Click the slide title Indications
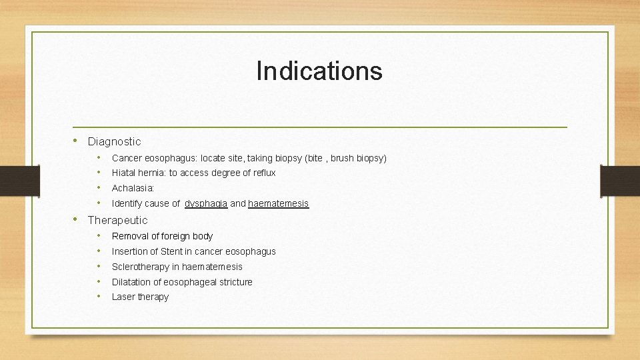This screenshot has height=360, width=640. point(319,71)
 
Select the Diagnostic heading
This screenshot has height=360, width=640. point(114,141)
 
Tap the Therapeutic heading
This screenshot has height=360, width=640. point(117,220)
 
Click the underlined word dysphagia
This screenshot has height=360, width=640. point(206,203)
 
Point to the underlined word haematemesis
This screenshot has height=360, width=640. point(278,203)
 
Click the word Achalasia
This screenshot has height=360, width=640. point(132,188)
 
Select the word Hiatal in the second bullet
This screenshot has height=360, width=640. point(124,173)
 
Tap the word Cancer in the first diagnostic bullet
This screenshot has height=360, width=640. point(127,158)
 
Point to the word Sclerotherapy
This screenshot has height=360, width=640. point(141,267)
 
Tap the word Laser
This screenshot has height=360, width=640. point(123,297)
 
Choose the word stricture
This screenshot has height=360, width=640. point(235,282)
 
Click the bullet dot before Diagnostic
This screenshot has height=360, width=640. point(77,141)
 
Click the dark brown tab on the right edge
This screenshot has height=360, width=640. point(619,180)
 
